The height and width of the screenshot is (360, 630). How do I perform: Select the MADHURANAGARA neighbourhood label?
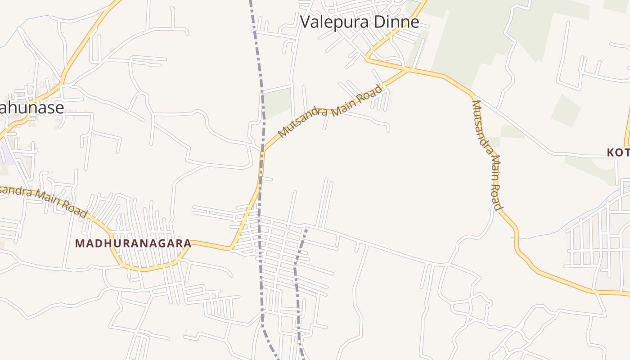coord(133,243)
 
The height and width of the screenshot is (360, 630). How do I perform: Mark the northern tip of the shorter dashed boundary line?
coord(306,229)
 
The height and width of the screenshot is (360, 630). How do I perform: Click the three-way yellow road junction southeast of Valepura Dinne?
coord(409,70)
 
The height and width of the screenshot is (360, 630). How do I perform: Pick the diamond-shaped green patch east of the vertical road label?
coord(566,110)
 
